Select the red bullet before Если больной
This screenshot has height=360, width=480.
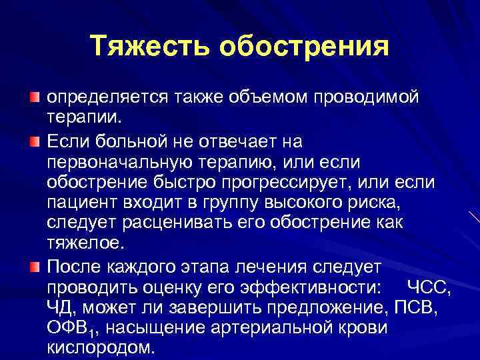coord(34,141)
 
